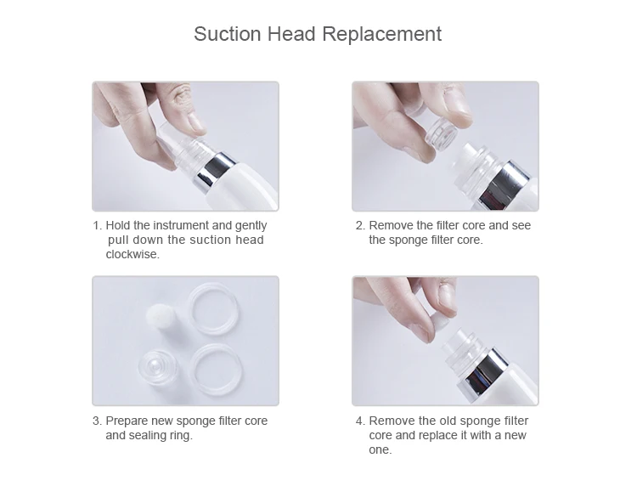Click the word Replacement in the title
(x=382, y=34)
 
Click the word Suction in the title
(x=227, y=34)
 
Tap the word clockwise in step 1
(x=132, y=254)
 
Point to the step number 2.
(x=360, y=225)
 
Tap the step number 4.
(x=360, y=421)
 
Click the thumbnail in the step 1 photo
(x=196, y=122)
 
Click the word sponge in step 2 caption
(x=409, y=240)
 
